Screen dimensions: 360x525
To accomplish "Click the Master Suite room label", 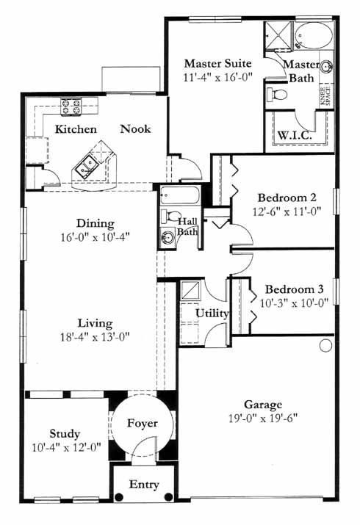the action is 217,64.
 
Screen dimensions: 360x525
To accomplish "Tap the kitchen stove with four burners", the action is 71,106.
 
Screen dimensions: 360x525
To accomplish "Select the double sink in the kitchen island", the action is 86,165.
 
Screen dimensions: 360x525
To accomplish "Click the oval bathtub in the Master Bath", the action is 314,36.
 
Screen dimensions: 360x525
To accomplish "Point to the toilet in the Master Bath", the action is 277,94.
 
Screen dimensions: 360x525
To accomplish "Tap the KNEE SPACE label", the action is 325,96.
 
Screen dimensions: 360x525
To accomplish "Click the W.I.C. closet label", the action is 295,136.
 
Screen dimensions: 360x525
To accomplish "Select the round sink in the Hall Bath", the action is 167,237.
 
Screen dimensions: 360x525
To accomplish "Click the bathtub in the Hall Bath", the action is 179,195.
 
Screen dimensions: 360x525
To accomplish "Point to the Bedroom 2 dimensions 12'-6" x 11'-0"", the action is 287,211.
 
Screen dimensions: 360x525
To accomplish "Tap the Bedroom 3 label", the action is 295,289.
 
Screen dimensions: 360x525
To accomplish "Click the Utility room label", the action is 212,314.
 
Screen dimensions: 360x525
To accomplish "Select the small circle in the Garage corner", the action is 326,346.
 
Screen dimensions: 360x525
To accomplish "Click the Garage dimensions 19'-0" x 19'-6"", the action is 263,419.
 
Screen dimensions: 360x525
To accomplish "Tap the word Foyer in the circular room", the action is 143,423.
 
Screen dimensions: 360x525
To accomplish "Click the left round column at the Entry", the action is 118,497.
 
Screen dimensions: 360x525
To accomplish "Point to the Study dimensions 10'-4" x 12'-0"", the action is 66,447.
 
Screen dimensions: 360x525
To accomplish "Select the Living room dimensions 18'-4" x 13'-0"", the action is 95,337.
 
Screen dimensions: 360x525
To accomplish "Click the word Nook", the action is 135,129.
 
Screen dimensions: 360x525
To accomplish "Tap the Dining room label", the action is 96,223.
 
